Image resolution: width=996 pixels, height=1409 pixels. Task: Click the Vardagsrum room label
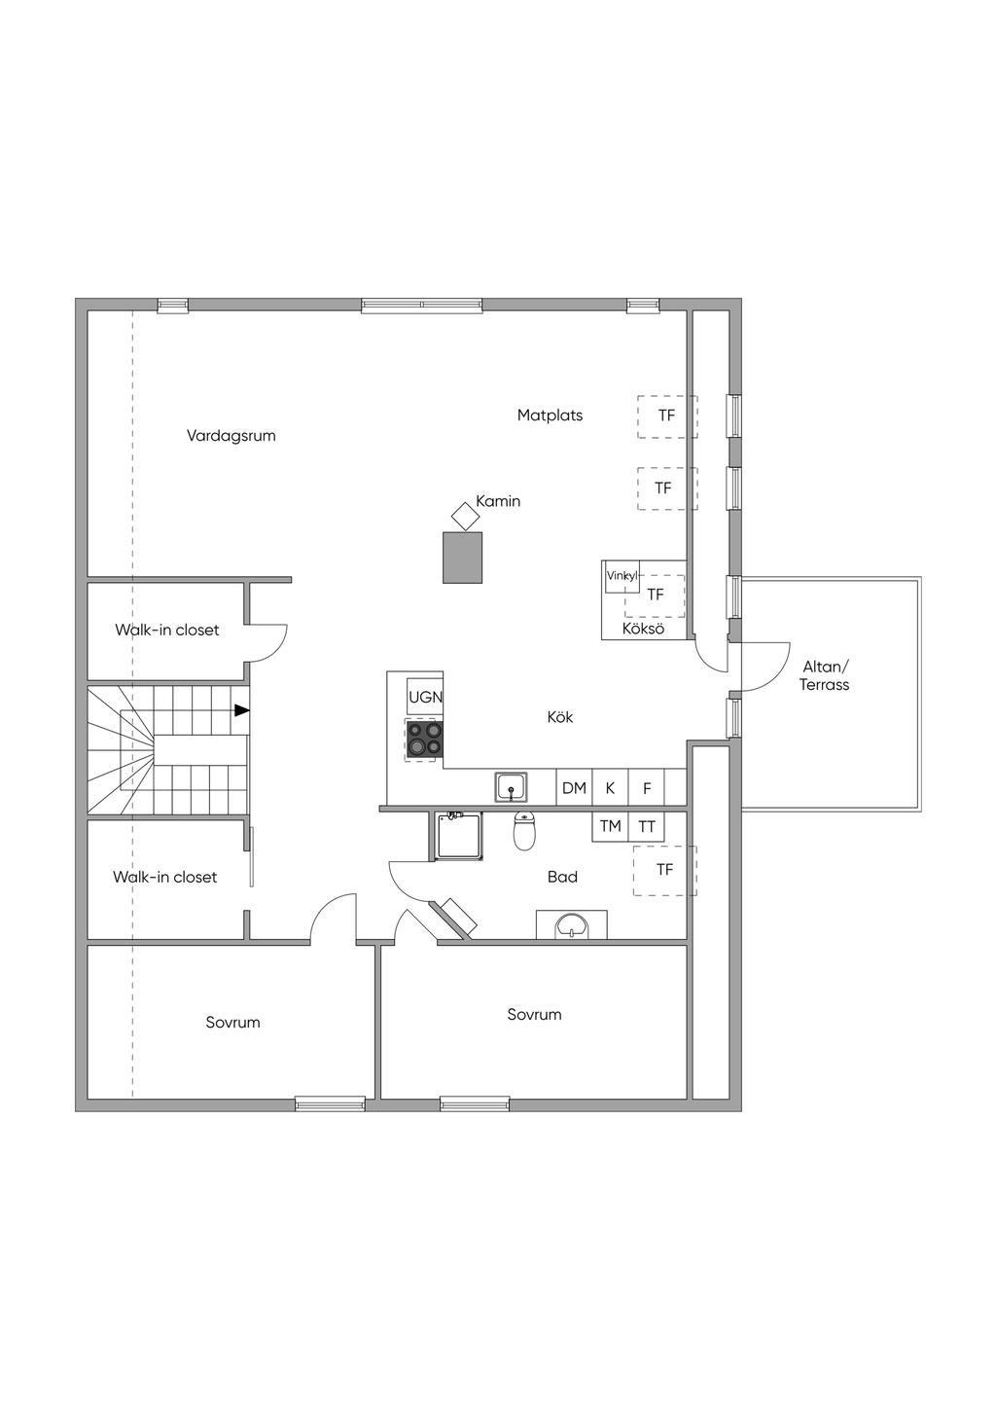231,436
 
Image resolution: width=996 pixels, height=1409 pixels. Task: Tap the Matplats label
550,415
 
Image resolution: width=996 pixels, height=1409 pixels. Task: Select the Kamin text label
498,501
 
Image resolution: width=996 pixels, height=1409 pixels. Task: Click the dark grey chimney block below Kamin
463,558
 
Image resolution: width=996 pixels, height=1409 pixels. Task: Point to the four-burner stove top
424,739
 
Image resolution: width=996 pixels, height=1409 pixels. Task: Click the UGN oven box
425,697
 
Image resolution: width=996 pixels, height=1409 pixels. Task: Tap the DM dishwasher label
574,787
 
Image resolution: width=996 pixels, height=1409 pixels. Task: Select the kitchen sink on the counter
511,787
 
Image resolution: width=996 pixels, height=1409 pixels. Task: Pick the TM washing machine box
611,826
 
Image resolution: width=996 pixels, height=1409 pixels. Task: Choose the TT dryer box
647,826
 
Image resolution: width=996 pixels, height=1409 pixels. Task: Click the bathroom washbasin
572,925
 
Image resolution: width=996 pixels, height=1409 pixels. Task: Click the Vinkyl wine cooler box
622,576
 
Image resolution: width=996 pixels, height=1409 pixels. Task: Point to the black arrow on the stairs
242,710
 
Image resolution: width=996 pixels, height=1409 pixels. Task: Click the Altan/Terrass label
825,675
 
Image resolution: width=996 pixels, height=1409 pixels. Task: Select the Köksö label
643,629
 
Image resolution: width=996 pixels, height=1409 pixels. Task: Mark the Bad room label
562,877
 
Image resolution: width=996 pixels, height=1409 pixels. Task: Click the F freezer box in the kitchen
647,787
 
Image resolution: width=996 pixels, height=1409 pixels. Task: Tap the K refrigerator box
610,787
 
